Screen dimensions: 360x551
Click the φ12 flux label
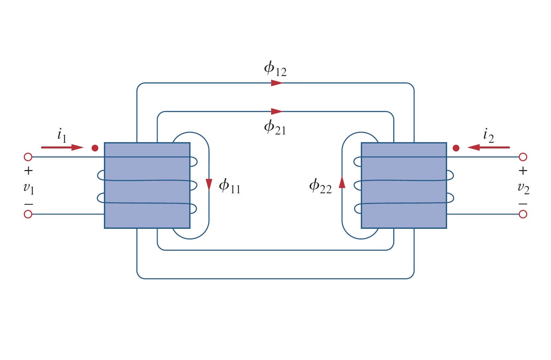point(275,69)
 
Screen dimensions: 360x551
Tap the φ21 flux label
point(275,128)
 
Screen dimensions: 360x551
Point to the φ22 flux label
point(320,186)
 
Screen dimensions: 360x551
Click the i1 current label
point(62,135)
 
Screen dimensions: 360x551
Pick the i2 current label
point(488,135)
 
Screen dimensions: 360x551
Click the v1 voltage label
point(29,188)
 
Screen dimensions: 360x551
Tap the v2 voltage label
point(523,188)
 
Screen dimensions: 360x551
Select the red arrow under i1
point(62,147)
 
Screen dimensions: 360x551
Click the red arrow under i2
point(489,147)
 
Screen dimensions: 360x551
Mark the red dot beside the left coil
point(95,148)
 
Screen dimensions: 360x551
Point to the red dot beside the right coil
point(456,148)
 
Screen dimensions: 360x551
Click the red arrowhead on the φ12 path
point(276,83)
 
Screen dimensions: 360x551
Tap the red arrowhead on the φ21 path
point(276,111)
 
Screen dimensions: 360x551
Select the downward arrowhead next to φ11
point(209,184)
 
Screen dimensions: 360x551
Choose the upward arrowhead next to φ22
point(342,182)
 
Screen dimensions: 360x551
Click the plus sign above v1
point(29,171)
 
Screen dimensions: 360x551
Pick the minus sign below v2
point(523,204)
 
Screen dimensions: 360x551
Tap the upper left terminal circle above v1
point(28,157)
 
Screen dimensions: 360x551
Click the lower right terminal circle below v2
point(523,214)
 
